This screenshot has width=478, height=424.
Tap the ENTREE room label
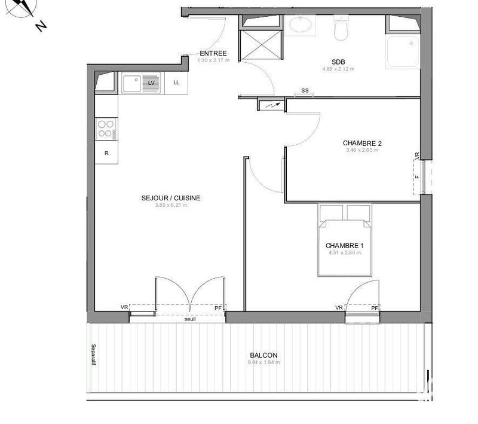click(213, 53)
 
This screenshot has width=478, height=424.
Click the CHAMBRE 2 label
click(362, 143)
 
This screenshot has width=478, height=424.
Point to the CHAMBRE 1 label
click(345, 246)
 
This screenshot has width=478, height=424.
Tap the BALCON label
click(263, 355)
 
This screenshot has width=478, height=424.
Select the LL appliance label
click(176, 83)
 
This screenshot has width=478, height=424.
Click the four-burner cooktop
click(106, 129)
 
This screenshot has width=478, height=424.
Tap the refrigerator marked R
click(106, 153)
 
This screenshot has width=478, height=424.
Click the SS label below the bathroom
click(305, 91)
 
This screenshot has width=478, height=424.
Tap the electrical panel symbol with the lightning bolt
click(272, 105)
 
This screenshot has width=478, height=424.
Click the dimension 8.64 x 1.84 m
click(263, 362)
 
